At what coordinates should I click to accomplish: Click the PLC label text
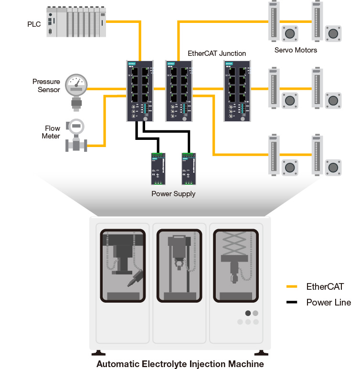34,24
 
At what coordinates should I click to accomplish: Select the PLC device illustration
77,21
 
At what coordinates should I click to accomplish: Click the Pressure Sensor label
46,85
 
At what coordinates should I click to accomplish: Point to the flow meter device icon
76,136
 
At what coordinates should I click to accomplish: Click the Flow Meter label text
53,132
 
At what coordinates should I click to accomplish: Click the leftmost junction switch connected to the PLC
139,91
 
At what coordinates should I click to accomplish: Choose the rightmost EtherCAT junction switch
236,91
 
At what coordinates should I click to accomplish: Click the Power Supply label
173,194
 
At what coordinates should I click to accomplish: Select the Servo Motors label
296,50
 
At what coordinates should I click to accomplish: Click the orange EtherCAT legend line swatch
292,287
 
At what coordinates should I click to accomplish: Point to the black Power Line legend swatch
292,302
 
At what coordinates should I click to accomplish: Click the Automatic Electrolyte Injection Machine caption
180,364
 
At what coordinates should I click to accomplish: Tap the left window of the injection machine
123,265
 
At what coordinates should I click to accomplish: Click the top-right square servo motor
333,33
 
